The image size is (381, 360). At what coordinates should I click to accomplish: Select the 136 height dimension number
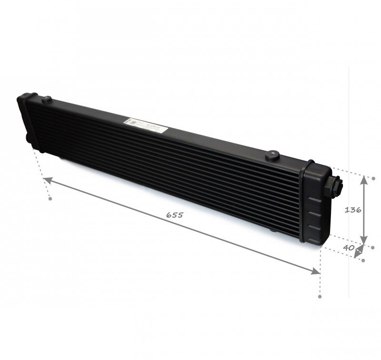(x=353, y=209)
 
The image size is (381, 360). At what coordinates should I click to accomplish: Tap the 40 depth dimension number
(x=348, y=248)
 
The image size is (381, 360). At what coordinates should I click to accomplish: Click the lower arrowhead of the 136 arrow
(x=364, y=241)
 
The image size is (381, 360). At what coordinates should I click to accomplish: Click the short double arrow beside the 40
(x=360, y=251)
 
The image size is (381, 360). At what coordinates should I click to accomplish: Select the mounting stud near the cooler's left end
(x=47, y=100)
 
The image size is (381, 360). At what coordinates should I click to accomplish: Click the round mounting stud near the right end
(x=273, y=155)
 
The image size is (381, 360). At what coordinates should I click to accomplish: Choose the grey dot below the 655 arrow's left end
(x=50, y=199)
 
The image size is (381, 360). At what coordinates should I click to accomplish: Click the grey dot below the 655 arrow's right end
(x=320, y=296)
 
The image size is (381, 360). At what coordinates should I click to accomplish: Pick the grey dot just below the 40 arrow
(x=363, y=260)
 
